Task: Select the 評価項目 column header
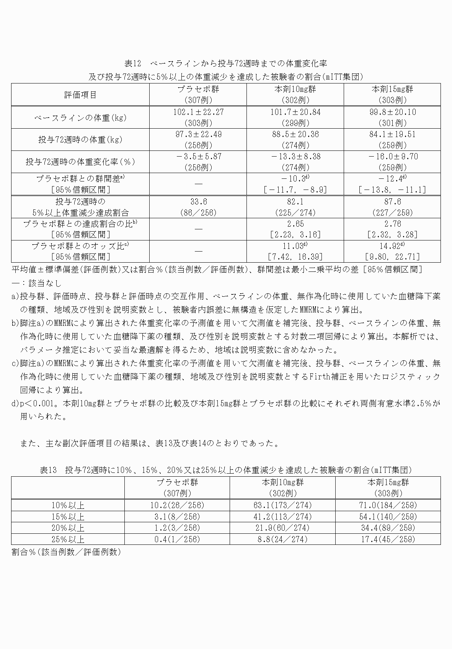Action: pos(80,95)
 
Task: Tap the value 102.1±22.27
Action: pos(198,112)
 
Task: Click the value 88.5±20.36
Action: pos(295,134)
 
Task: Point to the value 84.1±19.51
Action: pos(392,134)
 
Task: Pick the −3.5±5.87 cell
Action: pos(198,157)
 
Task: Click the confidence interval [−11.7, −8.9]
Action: pos(295,190)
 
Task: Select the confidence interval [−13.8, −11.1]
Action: pos(392,190)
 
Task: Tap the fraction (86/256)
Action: pos(198,213)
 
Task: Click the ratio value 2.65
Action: pos(295,224)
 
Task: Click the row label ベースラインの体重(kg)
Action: pos(80,118)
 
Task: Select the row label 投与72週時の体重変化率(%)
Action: pos(80,162)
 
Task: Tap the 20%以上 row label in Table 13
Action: pos(68,528)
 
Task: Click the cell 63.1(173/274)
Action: pos(282,505)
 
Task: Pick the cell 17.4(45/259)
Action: pos(388,539)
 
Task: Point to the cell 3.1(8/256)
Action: pos(177,517)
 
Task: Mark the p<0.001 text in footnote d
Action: pos(37,404)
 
